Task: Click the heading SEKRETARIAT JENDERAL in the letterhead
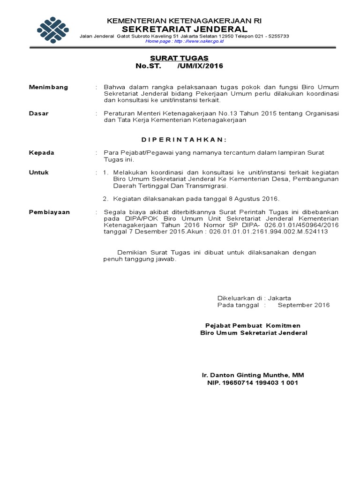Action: pyautogui.click(x=184, y=29)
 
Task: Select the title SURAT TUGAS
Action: pyautogui.click(x=179, y=58)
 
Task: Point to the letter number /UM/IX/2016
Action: pyautogui.click(x=200, y=66)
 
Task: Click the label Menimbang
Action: pyautogui.click(x=48, y=87)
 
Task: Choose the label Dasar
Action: pyautogui.click(x=39, y=113)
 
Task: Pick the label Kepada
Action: pyautogui.click(x=42, y=153)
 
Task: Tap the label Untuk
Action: pyautogui.click(x=39, y=172)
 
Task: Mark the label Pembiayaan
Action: pyautogui.click(x=49, y=212)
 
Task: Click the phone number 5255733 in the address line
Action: pyautogui.click(x=276, y=36)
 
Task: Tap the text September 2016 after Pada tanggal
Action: pyautogui.click(x=304, y=305)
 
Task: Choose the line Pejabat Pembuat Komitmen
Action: pyautogui.click(x=253, y=325)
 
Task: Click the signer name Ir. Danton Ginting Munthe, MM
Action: pyautogui.click(x=253, y=375)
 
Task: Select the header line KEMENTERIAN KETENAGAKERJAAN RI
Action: pyautogui.click(x=184, y=21)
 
